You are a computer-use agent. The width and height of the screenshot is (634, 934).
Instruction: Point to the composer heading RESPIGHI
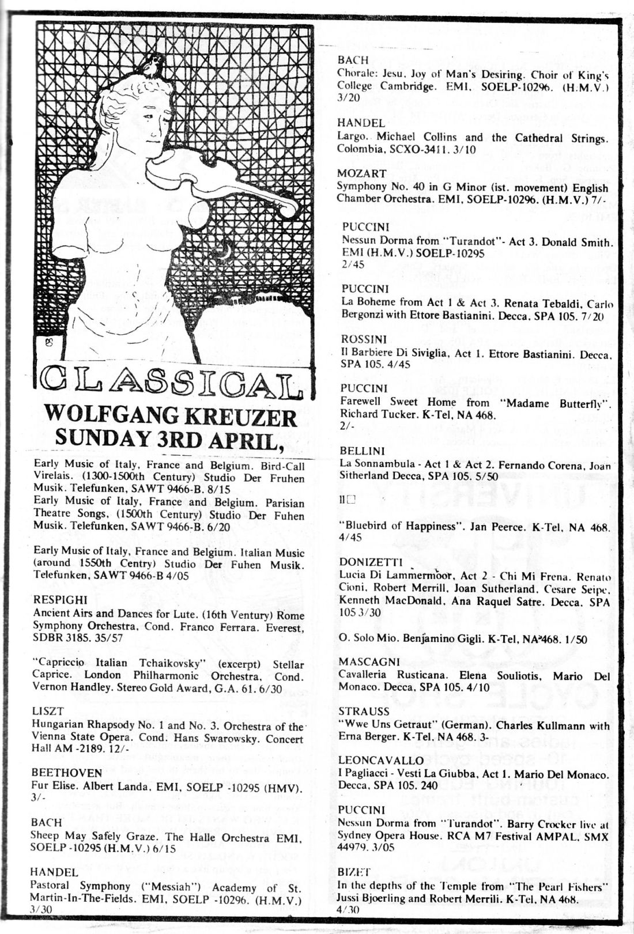coord(61,600)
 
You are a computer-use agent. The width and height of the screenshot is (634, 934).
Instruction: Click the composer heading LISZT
coord(48,711)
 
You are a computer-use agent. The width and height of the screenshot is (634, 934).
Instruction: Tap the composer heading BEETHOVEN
coord(67,773)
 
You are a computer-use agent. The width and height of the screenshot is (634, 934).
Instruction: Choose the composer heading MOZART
coord(361,173)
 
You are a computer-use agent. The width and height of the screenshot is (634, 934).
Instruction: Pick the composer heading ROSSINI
coord(364,339)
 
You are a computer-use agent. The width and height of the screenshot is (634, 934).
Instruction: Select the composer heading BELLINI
coord(362,451)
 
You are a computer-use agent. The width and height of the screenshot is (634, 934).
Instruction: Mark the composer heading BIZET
coord(354,872)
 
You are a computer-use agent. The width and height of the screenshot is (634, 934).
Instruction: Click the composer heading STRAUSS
coord(364,712)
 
